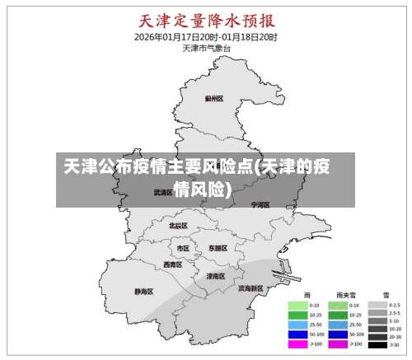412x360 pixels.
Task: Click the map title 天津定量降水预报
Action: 206,21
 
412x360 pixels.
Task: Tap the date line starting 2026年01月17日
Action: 206,37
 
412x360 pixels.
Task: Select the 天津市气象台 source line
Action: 206,48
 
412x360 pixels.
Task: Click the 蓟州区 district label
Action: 214,98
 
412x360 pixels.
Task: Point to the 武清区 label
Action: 162,191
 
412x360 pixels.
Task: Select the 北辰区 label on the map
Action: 178,225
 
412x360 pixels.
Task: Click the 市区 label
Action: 183,247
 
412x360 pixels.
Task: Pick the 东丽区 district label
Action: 218,247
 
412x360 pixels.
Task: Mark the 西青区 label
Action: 173,264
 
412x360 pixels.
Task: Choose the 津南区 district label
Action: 216,276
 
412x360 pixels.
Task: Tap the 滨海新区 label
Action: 250,288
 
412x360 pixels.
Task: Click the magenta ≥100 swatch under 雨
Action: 297,344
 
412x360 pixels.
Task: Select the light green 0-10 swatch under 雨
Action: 297,305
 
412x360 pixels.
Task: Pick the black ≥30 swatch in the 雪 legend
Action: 377,344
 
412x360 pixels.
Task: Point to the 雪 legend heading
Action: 385,294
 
